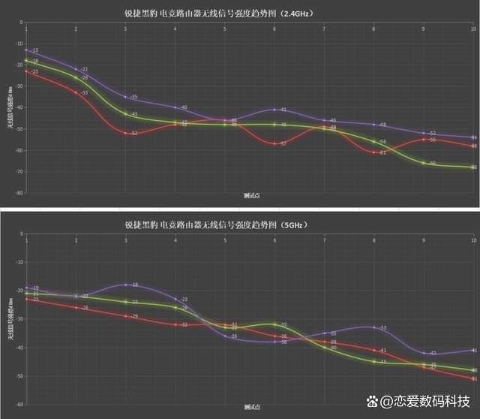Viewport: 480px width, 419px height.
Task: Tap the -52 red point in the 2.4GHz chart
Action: (x=125, y=133)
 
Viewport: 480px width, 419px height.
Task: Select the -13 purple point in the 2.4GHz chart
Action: (x=26, y=50)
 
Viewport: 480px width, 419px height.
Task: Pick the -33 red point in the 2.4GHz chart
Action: (x=76, y=92)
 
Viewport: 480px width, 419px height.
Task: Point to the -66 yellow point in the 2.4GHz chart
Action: (x=424, y=163)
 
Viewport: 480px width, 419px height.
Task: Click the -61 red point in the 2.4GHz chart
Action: (x=374, y=152)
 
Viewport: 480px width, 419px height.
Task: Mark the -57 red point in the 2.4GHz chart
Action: (x=274, y=143)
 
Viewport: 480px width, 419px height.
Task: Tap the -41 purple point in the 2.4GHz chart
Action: (x=274, y=110)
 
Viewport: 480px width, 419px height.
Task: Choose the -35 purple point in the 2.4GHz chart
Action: (x=125, y=97)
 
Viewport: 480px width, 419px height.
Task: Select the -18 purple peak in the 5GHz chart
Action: (x=125, y=285)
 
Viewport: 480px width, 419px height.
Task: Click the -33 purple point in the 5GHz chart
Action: (x=374, y=327)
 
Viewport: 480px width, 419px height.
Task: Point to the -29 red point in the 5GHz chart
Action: (x=125, y=316)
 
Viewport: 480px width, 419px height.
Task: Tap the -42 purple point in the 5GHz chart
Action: (x=424, y=353)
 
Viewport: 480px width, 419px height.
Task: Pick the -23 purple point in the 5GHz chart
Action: (x=175, y=299)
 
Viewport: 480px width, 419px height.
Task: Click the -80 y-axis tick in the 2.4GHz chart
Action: (x=18, y=193)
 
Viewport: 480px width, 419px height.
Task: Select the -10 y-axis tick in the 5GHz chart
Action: (x=18, y=262)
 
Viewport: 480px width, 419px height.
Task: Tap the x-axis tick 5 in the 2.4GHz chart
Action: (x=225, y=29)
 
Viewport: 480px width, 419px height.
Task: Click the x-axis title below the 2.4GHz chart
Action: (x=251, y=196)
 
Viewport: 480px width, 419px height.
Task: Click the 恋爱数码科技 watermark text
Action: (x=430, y=402)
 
